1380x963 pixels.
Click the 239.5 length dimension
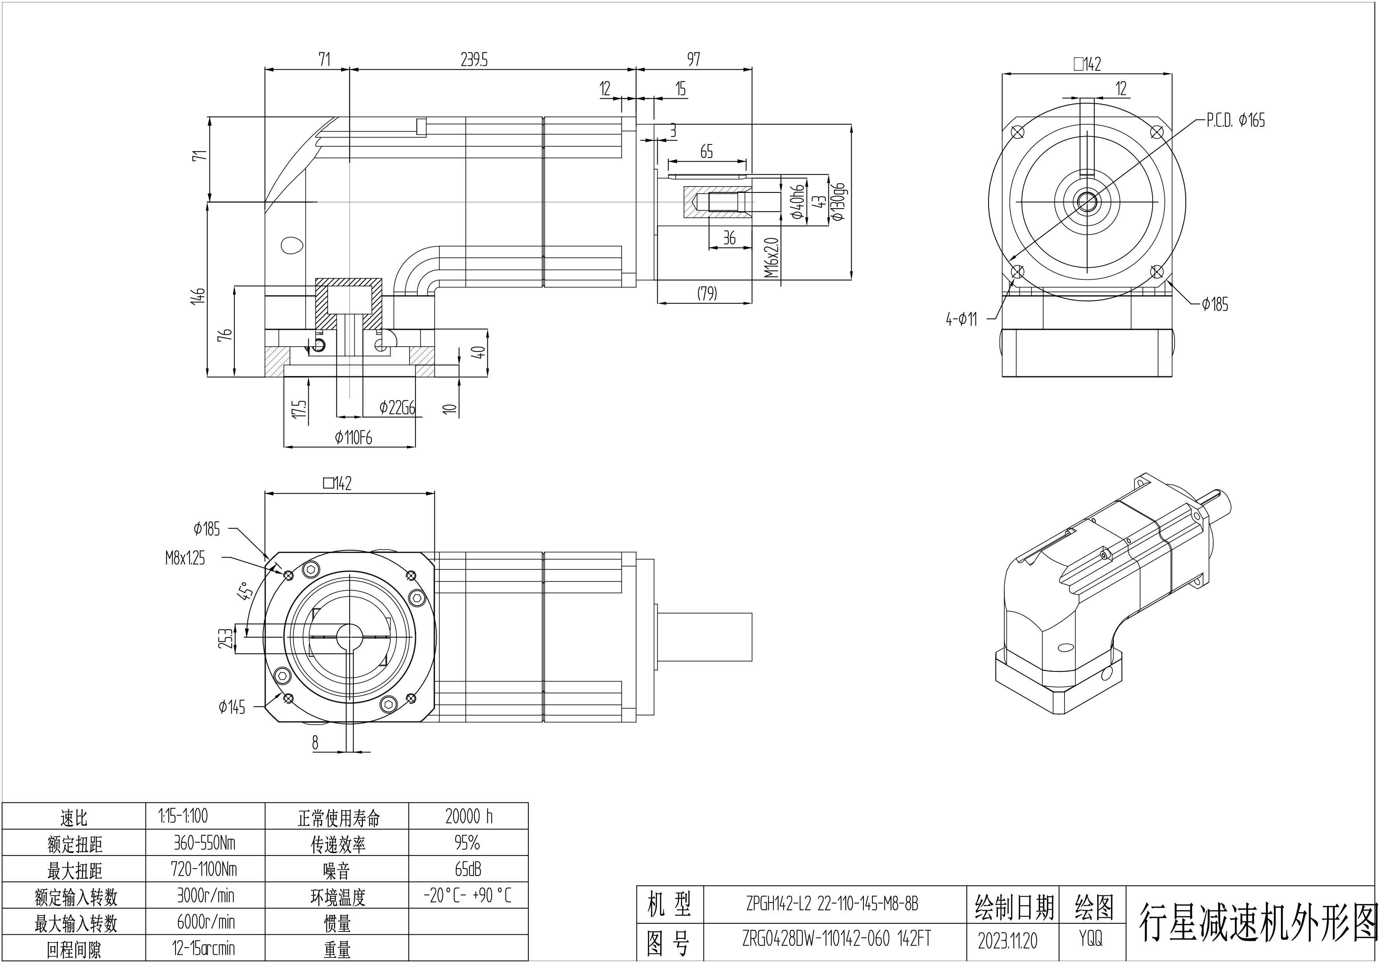click(x=474, y=59)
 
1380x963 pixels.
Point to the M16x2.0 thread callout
click(x=772, y=257)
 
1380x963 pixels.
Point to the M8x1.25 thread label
click(x=185, y=558)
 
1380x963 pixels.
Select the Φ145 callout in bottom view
click(x=232, y=708)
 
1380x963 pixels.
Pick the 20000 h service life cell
click(x=469, y=816)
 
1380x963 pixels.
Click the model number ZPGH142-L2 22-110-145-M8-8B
click(x=832, y=904)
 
